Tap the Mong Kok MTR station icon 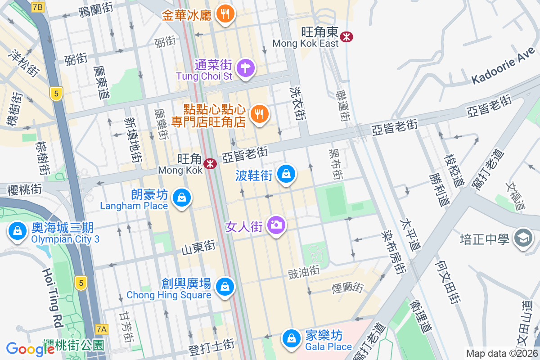coord(210,164)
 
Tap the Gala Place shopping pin coord(292,338)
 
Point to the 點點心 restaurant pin coord(259,114)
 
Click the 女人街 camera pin coord(276,225)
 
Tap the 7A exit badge coord(102,329)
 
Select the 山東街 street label coord(198,247)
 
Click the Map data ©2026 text coord(502,353)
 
